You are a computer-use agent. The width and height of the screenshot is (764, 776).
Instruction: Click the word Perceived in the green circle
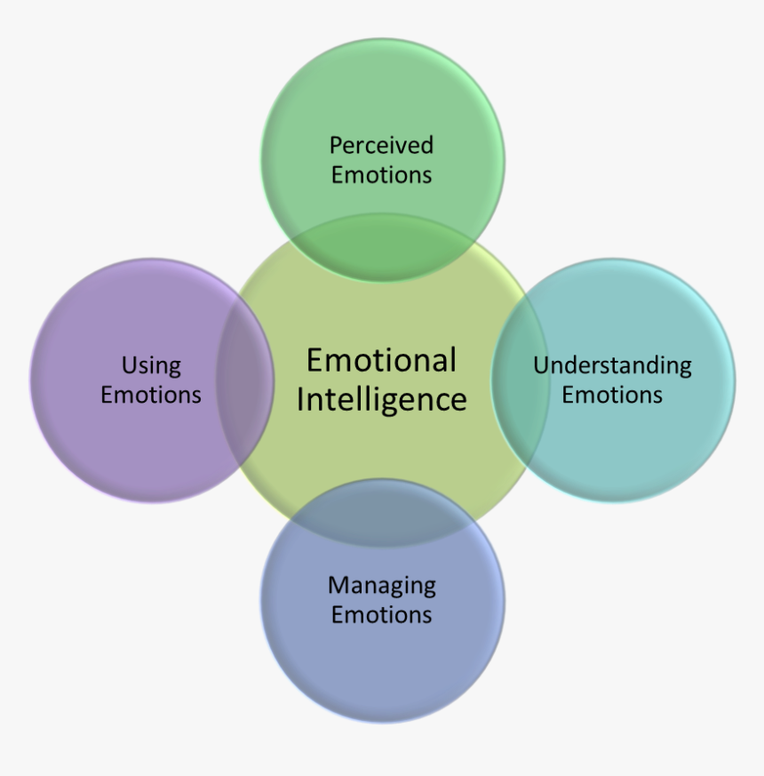point(381,145)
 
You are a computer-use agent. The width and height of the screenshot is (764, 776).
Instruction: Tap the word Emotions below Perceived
point(381,174)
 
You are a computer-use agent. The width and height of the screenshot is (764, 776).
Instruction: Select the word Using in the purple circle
point(151,365)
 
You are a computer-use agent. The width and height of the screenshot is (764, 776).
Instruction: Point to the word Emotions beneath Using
point(151,395)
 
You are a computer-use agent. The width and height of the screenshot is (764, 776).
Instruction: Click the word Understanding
point(612,365)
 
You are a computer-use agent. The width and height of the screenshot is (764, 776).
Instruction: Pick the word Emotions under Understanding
point(612,395)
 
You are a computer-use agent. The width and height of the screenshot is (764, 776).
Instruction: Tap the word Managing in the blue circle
point(382,586)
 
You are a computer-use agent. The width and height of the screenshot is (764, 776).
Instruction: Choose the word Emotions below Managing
point(382,614)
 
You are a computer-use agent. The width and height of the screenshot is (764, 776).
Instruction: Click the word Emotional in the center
point(381,360)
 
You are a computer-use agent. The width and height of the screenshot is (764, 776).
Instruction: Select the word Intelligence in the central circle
point(381,399)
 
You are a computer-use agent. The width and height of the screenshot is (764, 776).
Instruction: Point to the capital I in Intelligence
point(300,399)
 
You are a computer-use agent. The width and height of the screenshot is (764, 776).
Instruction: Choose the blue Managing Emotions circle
point(382,667)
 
